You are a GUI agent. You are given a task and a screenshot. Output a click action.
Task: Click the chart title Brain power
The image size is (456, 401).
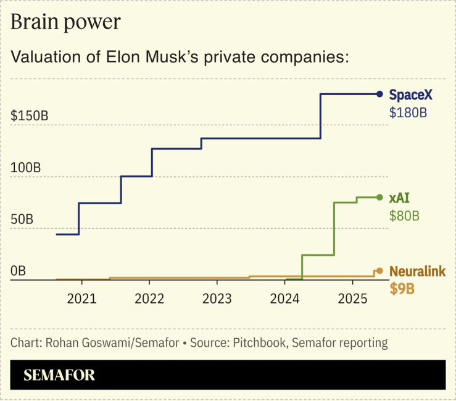(65, 22)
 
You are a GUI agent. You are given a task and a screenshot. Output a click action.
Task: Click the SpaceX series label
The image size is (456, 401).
(410, 95)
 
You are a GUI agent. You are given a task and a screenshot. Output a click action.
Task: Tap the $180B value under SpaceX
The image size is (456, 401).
(408, 113)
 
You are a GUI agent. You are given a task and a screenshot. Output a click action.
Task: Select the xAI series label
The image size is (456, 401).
(399, 198)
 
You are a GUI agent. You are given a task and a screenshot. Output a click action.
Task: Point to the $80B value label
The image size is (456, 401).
(404, 216)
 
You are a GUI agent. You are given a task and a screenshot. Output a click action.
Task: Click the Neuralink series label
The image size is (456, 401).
(417, 271)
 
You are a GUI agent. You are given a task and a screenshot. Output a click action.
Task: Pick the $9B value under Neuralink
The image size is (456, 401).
(402, 289)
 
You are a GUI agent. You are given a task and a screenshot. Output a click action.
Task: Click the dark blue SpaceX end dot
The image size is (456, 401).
(379, 94)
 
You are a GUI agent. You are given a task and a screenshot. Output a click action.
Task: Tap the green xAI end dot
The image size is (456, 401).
(379, 197)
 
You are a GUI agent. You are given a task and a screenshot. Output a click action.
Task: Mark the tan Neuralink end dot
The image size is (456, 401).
(379, 271)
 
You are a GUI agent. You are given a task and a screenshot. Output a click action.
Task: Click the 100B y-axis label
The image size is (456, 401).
(25, 168)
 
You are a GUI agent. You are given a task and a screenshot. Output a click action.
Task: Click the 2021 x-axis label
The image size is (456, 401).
(81, 299)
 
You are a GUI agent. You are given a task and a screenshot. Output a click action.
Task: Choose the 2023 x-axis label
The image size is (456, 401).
(217, 299)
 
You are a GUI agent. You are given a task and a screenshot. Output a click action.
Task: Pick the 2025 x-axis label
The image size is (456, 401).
(352, 299)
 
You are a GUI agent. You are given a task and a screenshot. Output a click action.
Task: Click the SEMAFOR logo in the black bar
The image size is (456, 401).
(59, 375)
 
